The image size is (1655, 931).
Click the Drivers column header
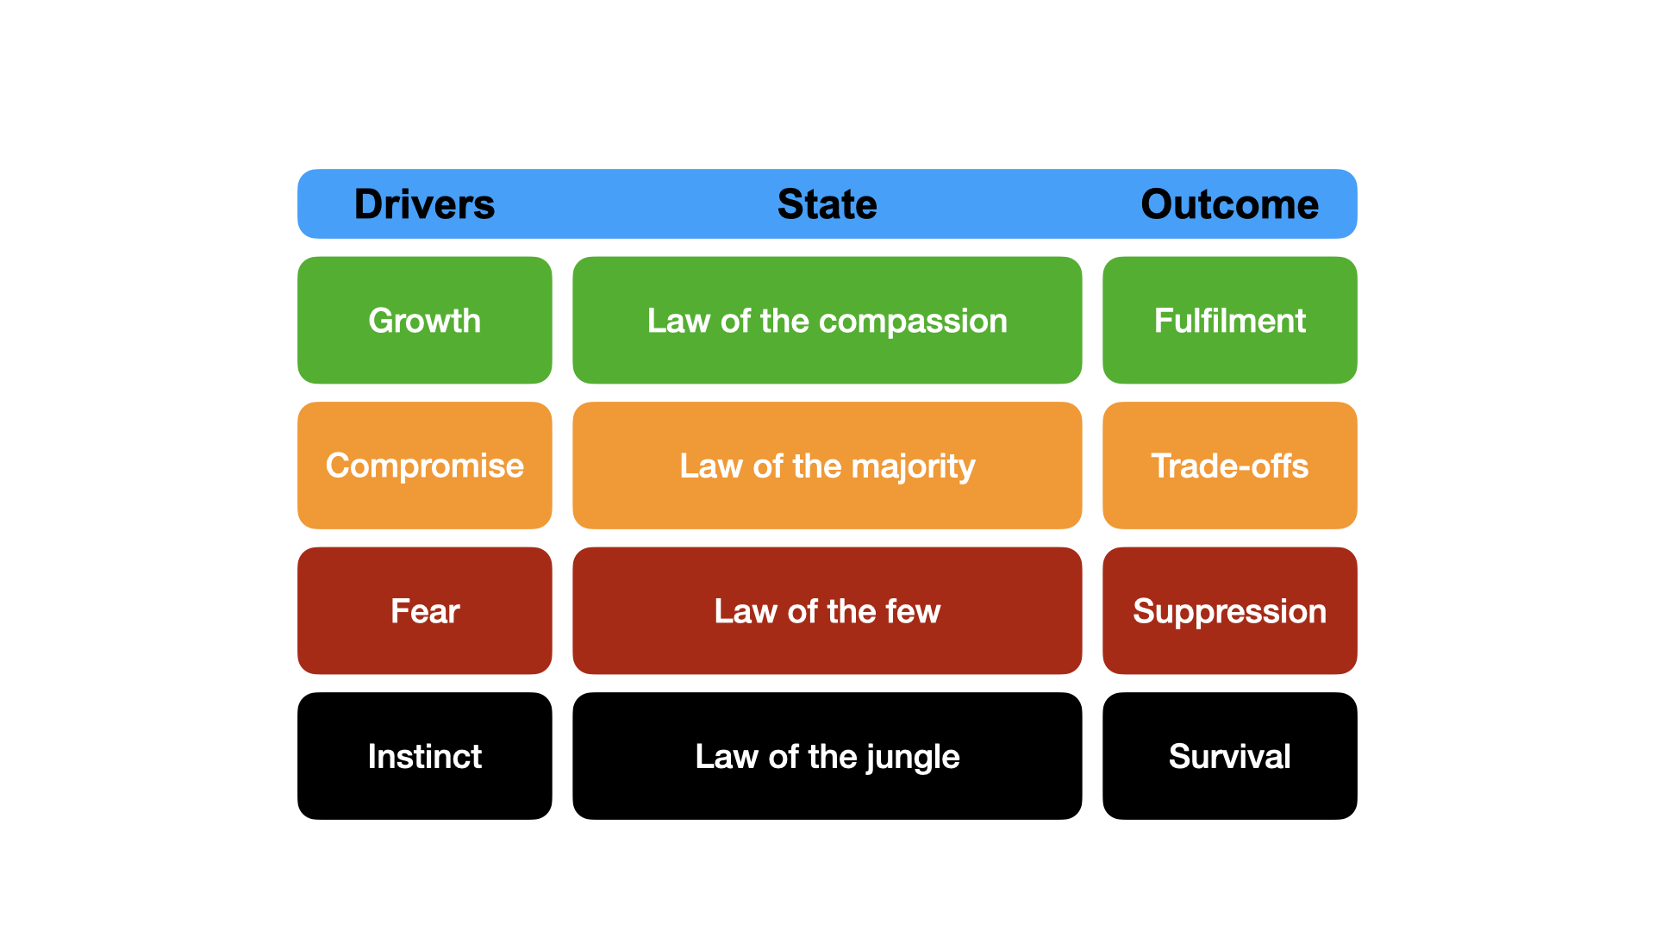pos(424,204)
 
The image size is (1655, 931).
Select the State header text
pos(827,204)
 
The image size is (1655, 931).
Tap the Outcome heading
pos(1230,204)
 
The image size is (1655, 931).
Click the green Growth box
pos(425,320)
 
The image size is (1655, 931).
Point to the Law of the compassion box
pos(827,320)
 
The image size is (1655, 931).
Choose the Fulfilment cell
pos(1230,320)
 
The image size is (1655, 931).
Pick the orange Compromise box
pos(425,465)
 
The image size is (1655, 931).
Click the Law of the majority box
pos(827,465)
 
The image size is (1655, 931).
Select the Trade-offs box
pos(1230,465)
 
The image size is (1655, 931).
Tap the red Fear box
pos(425,610)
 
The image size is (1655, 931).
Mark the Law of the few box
pos(827,610)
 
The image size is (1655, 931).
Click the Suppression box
pos(1230,610)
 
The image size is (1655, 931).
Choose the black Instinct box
pos(425,756)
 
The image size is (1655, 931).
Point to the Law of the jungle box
pos(827,756)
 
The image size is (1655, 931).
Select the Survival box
pos(1230,756)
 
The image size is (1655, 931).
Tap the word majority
pos(913,468)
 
